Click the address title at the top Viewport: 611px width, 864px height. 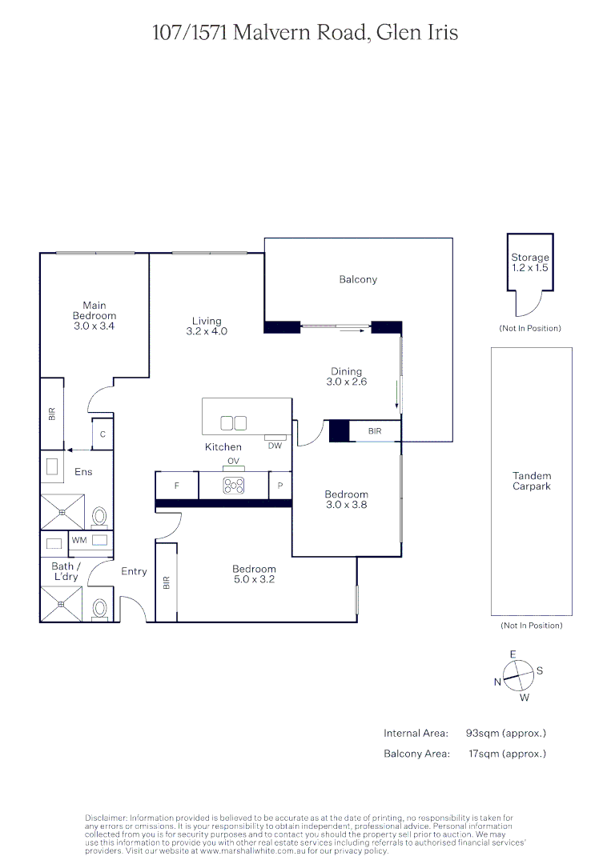(305, 33)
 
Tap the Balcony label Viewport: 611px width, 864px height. (358, 279)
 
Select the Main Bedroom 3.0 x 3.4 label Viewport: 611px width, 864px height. (94, 316)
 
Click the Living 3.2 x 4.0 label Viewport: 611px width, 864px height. (207, 326)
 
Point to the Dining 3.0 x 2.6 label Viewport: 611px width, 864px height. (347, 377)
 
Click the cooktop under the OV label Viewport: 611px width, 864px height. (234, 486)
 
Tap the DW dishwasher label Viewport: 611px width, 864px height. (275, 446)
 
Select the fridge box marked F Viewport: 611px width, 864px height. (176, 486)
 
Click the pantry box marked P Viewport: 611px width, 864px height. (280, 486)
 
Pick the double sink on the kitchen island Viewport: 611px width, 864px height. (233, 422)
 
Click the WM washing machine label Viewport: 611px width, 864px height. (78, 541)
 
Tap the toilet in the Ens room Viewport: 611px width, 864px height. (100, 515)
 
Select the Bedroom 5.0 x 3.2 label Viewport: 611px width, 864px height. (254, 574)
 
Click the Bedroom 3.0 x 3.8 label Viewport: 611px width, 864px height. (346, 500)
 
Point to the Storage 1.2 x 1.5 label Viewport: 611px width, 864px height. (530, 262)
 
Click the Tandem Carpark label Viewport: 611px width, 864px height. (532, 481)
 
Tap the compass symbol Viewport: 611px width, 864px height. (518, 674)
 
